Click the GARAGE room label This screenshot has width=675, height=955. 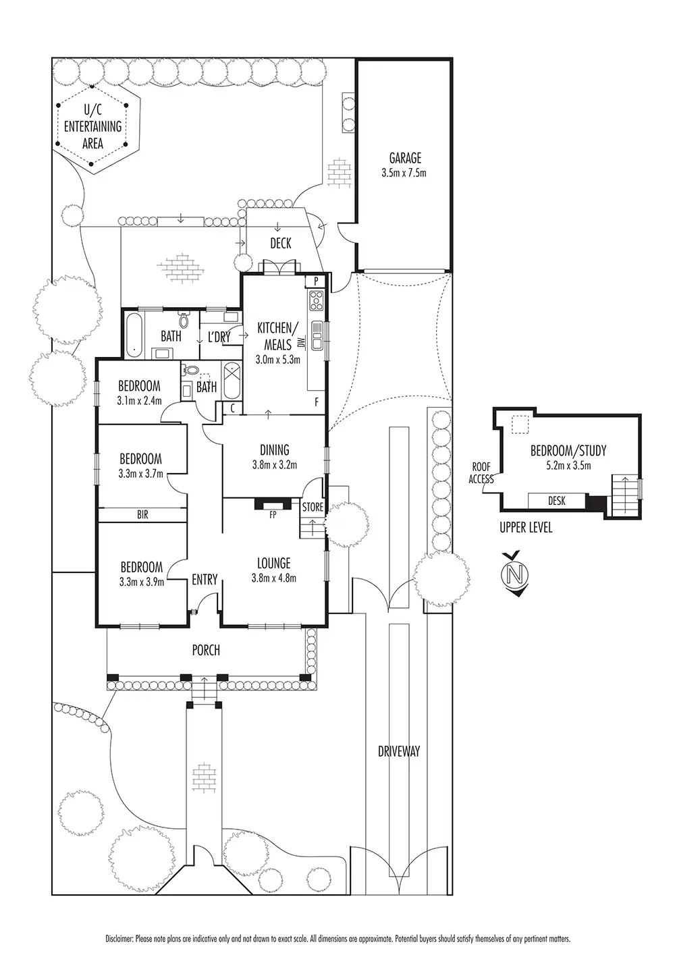point(405,159)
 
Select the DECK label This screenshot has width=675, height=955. point(281,243)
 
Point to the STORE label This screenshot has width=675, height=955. point(313,507)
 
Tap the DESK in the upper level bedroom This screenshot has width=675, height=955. point(557,501)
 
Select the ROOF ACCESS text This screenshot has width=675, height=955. point(482,472)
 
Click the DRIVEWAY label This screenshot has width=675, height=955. point(400,751)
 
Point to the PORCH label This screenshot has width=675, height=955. point(206,651)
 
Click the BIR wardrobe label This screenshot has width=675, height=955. point(142,515)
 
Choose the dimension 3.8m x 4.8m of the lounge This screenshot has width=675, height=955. point(273,578)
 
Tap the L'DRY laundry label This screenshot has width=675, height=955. point(219,337)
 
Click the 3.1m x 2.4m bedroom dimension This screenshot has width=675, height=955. point(139,400)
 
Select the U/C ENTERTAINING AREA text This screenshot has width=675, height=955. point(93,126)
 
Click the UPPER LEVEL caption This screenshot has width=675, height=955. point(526,528)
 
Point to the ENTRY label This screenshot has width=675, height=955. point(205,579)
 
